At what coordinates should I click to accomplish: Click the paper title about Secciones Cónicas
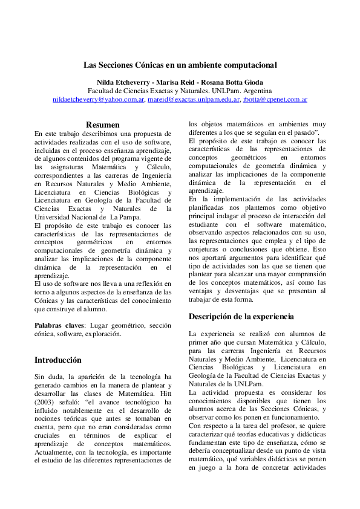point(180,64)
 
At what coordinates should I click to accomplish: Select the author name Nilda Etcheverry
point(120,82)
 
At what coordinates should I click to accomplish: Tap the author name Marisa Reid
point(172,82)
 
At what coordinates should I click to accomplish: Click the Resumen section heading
point(102,125)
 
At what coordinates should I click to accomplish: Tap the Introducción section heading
point(57,360)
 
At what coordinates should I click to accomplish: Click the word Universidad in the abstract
point(55,217)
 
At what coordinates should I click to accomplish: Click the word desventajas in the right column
point(238,291)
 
